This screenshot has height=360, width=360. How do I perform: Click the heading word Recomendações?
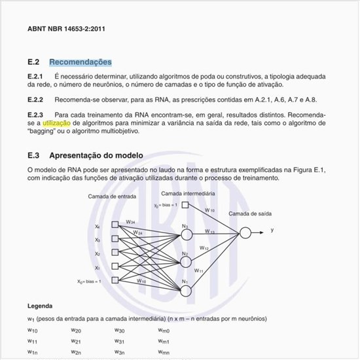click(80, 62)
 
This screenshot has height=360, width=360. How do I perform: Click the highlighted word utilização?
click(58, 122)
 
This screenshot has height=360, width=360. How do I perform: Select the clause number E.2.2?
click(35, 99)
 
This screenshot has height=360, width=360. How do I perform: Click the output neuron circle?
click(245, 232)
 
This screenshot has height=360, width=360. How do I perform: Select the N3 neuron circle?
click(186, 234)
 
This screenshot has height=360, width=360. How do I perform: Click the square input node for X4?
click(115, 226)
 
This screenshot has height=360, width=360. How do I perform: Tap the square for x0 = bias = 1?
click(115, 281)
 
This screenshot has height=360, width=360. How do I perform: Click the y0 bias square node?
click(185, 205)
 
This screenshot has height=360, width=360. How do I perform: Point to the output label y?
click(272, 230)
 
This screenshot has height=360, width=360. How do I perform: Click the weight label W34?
click(130, 222)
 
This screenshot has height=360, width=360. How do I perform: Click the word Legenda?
click(40, 306)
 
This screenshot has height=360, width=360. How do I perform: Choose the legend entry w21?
click(76, 342)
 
